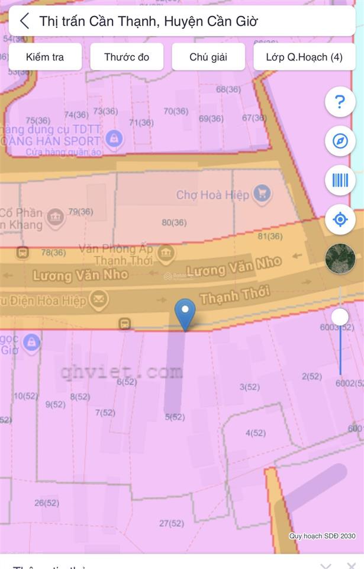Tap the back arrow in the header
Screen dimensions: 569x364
[x=24, y=21]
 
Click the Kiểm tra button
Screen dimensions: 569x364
[x=45, y=57]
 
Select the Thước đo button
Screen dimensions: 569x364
[x=127, y=57]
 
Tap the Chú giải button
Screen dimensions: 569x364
[x=208, y=57]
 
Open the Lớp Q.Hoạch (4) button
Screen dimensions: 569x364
[x=304, y=57]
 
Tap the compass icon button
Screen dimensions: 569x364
[x=340, y=141]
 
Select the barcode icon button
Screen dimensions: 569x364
[x=340, y=180]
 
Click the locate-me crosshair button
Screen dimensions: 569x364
[x=340, y=220]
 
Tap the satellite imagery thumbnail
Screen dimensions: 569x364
[x=340, y=258]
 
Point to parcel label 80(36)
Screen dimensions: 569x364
[x=174, y=223]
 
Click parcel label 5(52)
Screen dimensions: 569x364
[x=175, y=417]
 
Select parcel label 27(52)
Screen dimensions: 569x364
[x=172, y=523]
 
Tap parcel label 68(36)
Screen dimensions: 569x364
[x=228, y=89]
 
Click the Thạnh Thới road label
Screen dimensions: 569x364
[x=235, y=295]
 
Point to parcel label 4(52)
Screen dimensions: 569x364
[x=256, y=433]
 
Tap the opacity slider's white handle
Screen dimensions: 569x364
[x=340, y=317]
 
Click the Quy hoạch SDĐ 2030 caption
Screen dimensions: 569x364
[x=323, y=536]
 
